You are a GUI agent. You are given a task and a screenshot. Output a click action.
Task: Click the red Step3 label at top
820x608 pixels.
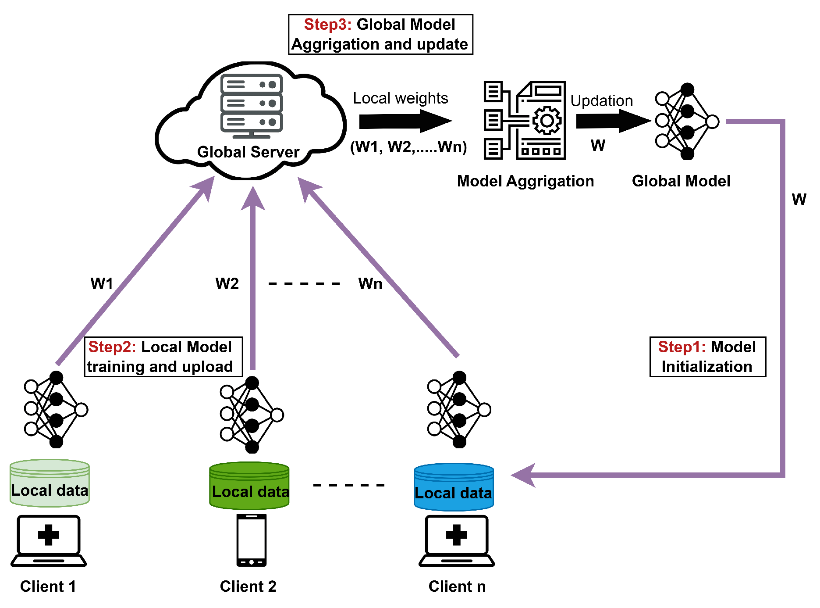pos(327,25)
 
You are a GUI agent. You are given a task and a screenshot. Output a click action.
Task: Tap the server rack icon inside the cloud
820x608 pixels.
pos(252,105)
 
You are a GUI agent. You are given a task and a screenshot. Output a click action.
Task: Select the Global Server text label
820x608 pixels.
pos(248,152)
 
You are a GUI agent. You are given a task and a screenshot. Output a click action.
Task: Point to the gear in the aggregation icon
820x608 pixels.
pos(547,120)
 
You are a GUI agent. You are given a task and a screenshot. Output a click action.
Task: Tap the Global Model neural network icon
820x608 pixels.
pos(686,122)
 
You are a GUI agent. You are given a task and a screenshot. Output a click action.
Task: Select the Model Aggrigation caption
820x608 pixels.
pos(525,181)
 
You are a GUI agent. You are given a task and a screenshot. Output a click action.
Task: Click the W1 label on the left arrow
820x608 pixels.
pos(102,284)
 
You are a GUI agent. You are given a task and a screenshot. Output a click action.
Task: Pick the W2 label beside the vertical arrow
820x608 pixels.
pos(227,284)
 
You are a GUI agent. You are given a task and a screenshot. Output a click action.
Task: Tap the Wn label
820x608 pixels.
pos(370,284)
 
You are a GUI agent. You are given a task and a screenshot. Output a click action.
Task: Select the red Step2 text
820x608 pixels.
pos(112,347)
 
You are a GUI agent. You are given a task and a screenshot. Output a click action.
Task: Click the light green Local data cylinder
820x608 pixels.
pos(50,483)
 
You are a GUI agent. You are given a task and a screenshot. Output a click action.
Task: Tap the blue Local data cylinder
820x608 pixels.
pos(454,487)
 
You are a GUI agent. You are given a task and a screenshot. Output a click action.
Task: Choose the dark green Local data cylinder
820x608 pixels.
pos(249,486)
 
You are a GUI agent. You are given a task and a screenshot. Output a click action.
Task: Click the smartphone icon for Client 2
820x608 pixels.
pos(252,540)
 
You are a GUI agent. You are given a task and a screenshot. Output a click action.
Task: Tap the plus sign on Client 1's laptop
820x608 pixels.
pos(48,535)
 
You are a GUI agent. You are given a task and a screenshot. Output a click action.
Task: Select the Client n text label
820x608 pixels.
pos(457,587)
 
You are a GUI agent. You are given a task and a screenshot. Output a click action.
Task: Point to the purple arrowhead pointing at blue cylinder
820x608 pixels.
pos(523,475)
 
